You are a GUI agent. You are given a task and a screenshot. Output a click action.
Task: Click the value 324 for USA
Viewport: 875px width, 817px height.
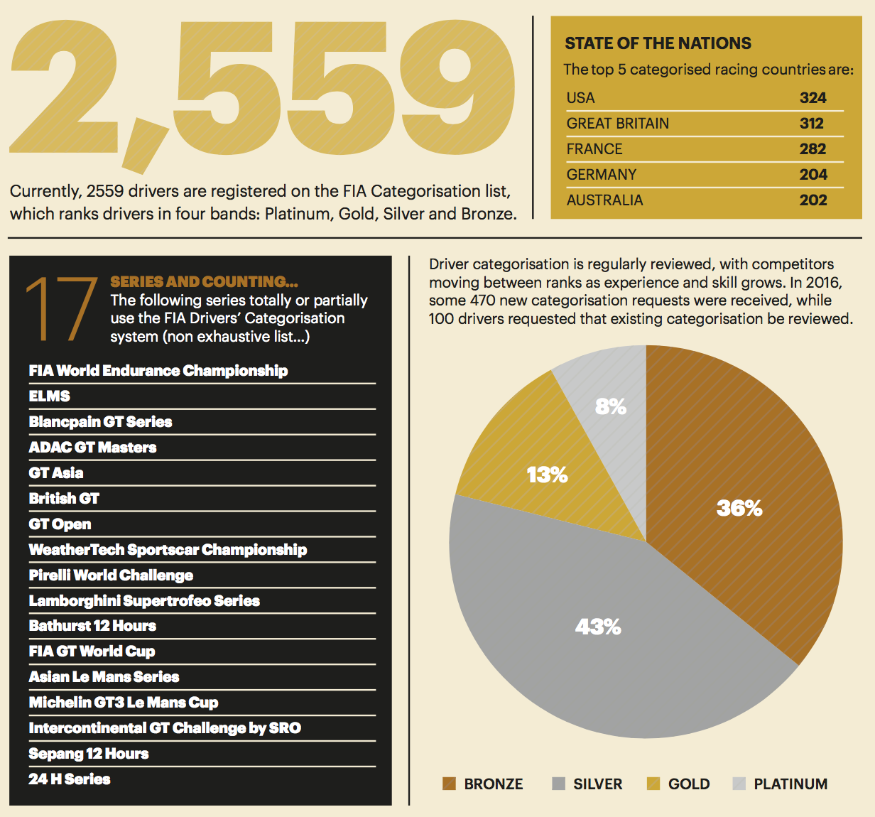pyautogui.click(x=812, y=98)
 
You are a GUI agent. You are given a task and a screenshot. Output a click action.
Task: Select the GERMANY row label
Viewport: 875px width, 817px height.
pyautogui.click(x=601, y=175)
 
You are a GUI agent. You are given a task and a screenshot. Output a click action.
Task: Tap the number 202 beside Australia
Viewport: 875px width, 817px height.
pyautogui.click(x=812, y=200)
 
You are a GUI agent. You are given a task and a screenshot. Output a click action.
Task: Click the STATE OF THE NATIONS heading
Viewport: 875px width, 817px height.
pyautogui.click(x=658, y=43)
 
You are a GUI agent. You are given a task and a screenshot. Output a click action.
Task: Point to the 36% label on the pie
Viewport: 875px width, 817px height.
pyautogui.click(x=739, y=508)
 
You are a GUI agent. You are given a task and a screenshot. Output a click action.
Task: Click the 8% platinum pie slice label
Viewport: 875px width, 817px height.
pyautogui.click(x=611, y=406)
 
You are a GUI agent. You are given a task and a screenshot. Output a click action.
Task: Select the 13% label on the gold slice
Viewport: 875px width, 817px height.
pyautogui.click(x=547, y=475)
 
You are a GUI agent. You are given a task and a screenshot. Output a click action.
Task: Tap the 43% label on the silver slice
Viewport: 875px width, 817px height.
pyautogui.click(x=598, y=627)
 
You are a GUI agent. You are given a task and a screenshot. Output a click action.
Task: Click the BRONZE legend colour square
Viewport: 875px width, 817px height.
pyautogui.click(x=449, y=784)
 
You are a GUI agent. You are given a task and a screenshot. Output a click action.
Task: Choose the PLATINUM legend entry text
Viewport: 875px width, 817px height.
pyautogui.click(x=790, y=784)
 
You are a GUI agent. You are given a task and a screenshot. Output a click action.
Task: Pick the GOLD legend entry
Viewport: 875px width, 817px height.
pyautogui.click(x=688, y=784)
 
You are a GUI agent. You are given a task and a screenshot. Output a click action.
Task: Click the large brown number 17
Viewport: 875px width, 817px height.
pyautogui.click(x=61, y=309)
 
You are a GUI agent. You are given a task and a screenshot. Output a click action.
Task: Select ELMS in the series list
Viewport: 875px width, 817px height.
pyautogui.click(x=50, y=396)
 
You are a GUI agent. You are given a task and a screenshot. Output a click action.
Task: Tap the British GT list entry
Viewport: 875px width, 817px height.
pyautogui.click(x=64, y=499)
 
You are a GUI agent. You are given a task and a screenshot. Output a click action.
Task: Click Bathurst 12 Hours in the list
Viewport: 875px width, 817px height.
pyautogui.click(x=92, y=626)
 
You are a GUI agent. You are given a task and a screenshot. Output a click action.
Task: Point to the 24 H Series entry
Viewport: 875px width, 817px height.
pyautogui.click(x=70, y=779)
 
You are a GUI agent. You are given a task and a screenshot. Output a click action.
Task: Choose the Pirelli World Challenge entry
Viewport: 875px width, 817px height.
pyautogui.click(x=111, y=575)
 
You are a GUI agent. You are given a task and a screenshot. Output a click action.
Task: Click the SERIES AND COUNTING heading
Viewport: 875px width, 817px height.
pyautogui.click(x=204, y=281)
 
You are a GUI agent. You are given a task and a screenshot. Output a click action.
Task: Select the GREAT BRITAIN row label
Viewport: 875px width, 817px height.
pyautogui.click(x=617, y=124)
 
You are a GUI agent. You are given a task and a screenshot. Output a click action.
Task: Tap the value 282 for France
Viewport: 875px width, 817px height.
pyautogui.click(x=812, y=149)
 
